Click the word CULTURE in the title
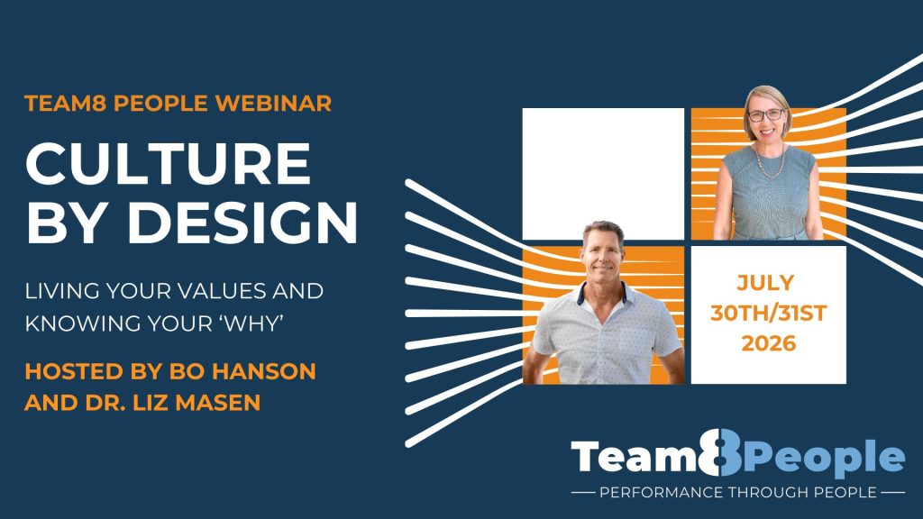(x=169, y=164)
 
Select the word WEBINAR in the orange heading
(x=273, y=103)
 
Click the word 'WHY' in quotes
(x=253, y=323)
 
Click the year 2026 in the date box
(x=768, y=343)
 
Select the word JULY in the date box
(x=765, y=283)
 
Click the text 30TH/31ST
(x=768, y=313)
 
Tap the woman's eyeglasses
(x=766, y=115)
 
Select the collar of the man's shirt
(x=604, y=295)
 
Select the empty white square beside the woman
(x=603, y=174)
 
